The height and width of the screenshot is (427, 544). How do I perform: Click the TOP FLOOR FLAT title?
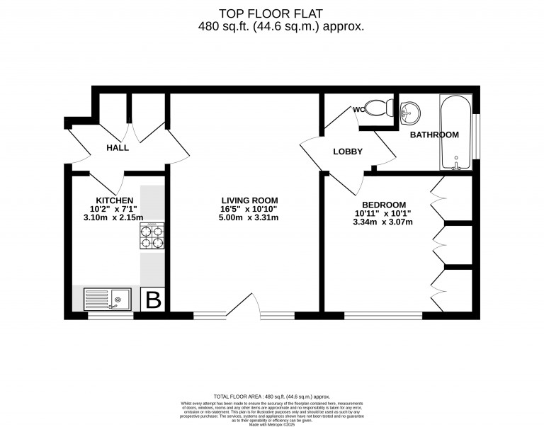click(x=272, y=13)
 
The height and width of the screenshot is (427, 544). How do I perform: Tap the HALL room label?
click(x=118, y=148)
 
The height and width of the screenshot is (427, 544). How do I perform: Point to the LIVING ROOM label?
click(x=249, y=200)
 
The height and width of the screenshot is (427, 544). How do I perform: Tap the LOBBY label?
click(x=348, y=152)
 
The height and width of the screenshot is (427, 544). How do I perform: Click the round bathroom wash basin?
click(x=409, y=111)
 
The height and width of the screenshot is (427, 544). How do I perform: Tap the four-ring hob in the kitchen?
click(x=152, y=236)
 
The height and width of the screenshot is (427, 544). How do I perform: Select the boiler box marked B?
click(x=153, y=300)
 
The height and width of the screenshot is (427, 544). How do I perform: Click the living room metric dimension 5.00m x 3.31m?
click(x=249, y=218)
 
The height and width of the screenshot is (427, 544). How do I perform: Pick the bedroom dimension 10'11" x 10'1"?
click(x=382, y=213)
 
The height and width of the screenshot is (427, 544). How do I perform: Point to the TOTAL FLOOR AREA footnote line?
click(x=272, y=397)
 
